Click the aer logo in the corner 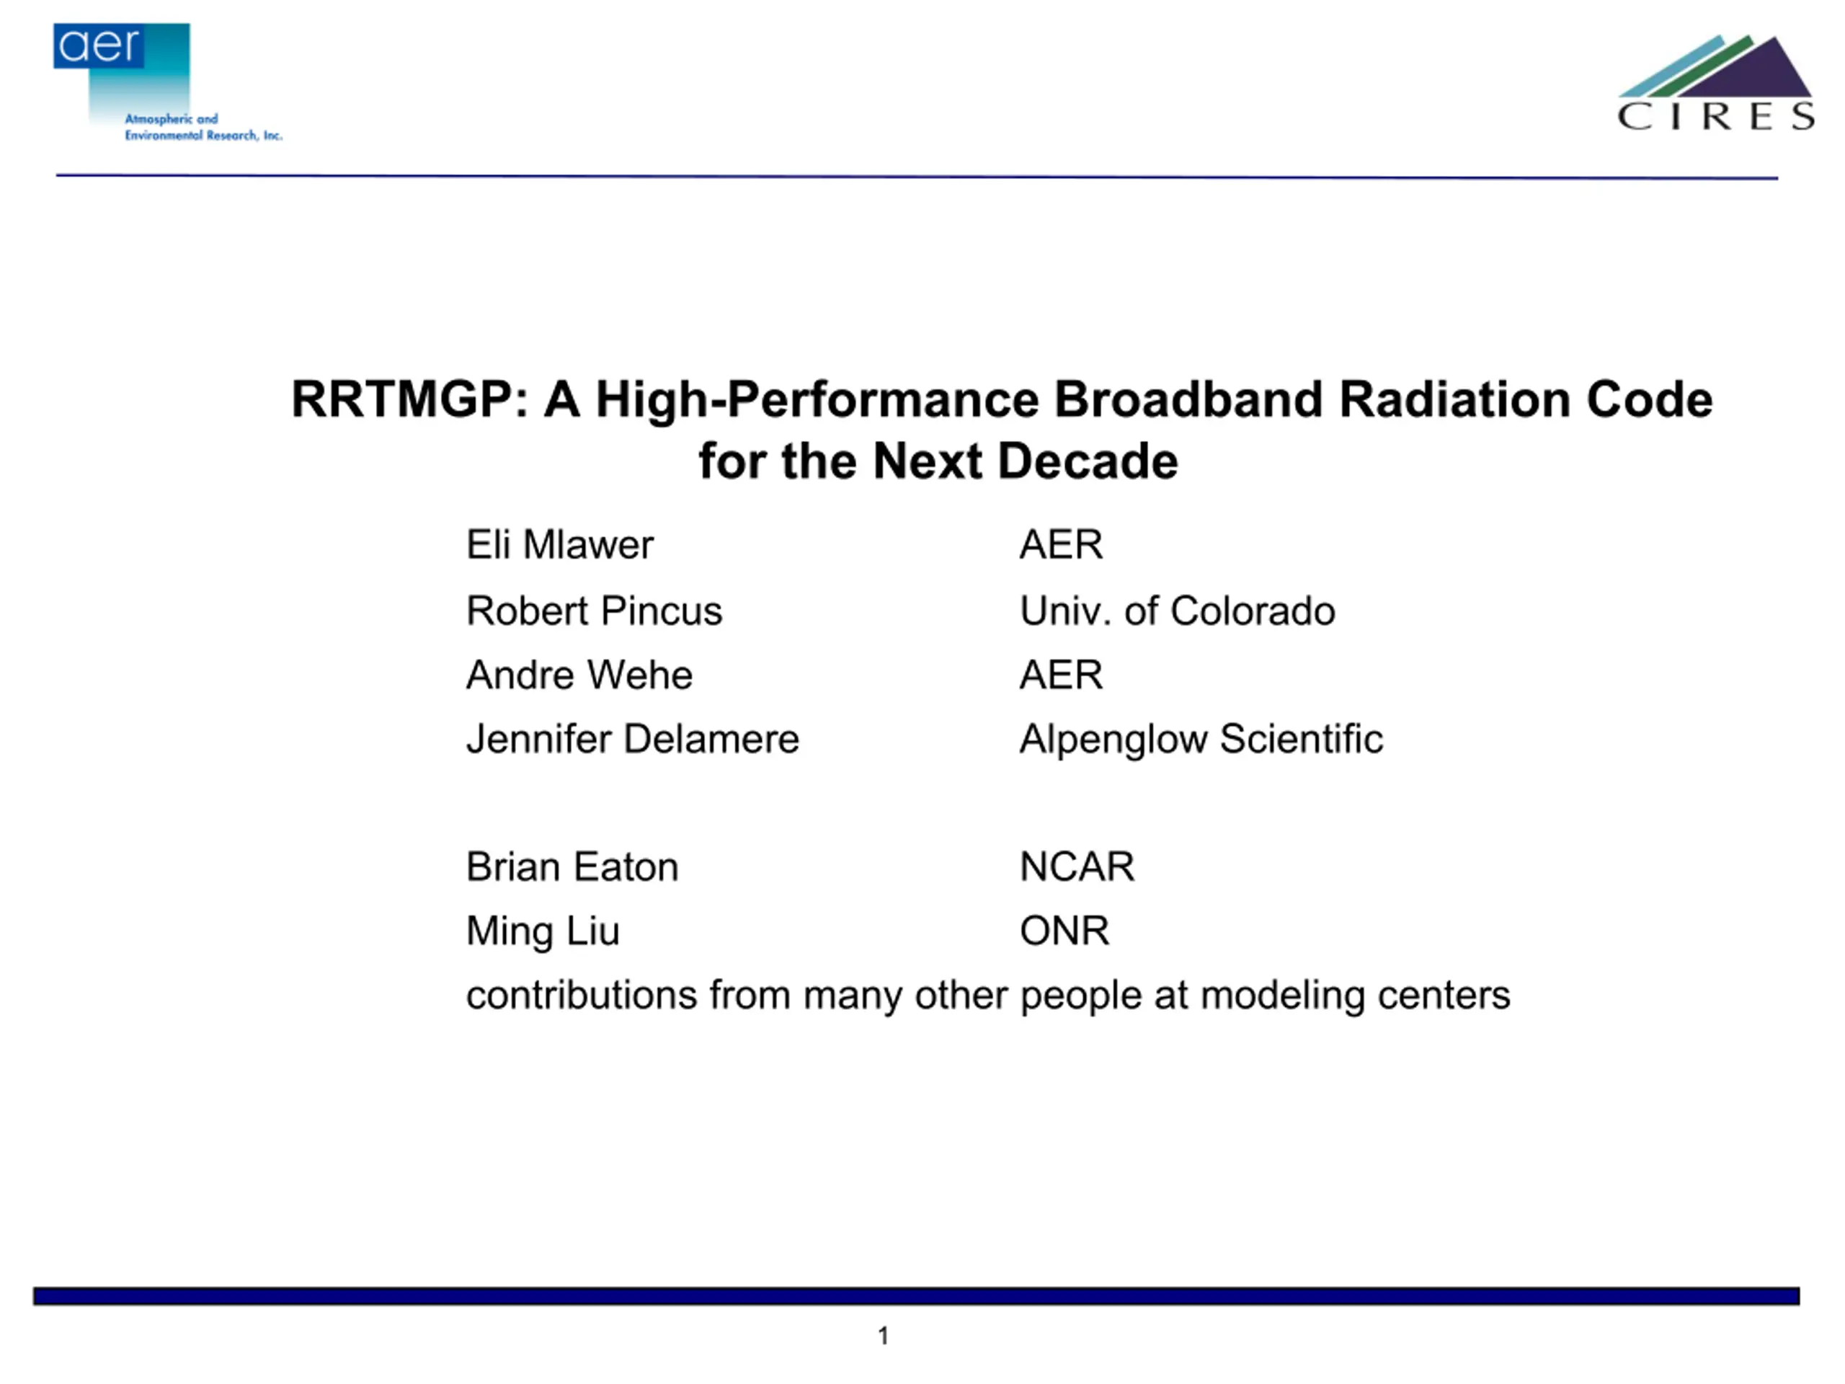click(166, 81)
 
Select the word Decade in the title click(1088, 461)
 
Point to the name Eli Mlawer click(560, 545)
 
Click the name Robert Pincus click(594, 611)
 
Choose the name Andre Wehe click(579, 675)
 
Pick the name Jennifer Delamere click(632, 739)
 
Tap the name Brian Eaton click(572, 866)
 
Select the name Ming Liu click(543, 932)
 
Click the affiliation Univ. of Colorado click(1177, 611)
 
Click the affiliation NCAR click(1077, 866)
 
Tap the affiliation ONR click(1064, 931)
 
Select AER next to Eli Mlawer click(1061, 545)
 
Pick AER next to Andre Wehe click(1061, 675)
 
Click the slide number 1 click(884, 1336)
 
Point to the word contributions click(582, 995)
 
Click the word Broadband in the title click(1188, 399)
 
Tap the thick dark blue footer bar click(917, 1295)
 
